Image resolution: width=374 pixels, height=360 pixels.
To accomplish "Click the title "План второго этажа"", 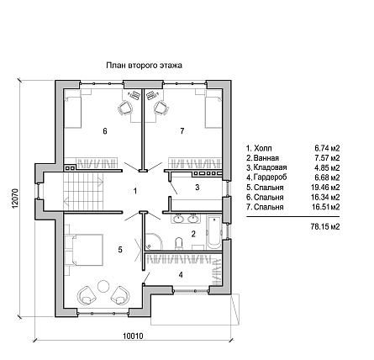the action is click(x=144, y=66).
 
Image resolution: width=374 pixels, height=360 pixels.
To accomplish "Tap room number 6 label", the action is click(x=105, y=131).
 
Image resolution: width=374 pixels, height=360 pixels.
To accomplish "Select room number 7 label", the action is click(x=182, y=130).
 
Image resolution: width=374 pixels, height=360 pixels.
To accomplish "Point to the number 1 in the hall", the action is click(x=135, y=191).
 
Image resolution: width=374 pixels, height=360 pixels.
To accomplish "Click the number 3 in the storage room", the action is click(x=198, y=188).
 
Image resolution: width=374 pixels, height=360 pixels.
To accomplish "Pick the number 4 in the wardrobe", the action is click(x=181, y=275).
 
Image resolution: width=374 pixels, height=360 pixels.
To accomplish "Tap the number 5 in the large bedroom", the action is click(x=120, y=250).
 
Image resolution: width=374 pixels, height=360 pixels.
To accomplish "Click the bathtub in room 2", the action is click(x=214, y=232).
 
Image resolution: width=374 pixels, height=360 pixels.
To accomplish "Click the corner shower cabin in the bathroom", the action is click(x=153, y=241).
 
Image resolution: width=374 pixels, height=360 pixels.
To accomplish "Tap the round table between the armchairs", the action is click(x=103, y=286).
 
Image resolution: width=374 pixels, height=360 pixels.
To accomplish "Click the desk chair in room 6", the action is click(x=124, y=108).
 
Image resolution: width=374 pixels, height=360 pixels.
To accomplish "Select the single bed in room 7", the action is click(x=213, y=111).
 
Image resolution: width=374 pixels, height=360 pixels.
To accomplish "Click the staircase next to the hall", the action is click(x=83, y=191).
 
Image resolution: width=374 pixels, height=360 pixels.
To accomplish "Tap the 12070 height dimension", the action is click(x=15, y=198).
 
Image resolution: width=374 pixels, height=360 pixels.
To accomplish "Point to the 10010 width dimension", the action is click(x=133, y=336).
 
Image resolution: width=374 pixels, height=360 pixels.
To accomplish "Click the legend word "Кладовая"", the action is click(x=270, y=167).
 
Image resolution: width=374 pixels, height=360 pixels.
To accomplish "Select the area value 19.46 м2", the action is click(x=325, y=188).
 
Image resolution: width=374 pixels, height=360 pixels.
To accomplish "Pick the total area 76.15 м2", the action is click(x=325, y=226).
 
